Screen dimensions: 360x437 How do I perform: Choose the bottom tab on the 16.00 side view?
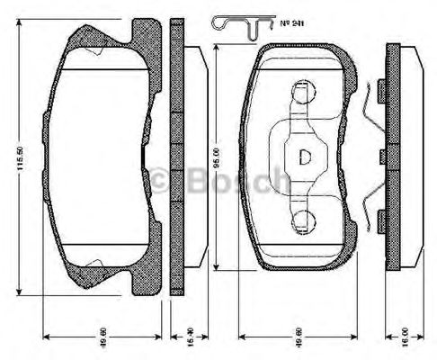(382, 216)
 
